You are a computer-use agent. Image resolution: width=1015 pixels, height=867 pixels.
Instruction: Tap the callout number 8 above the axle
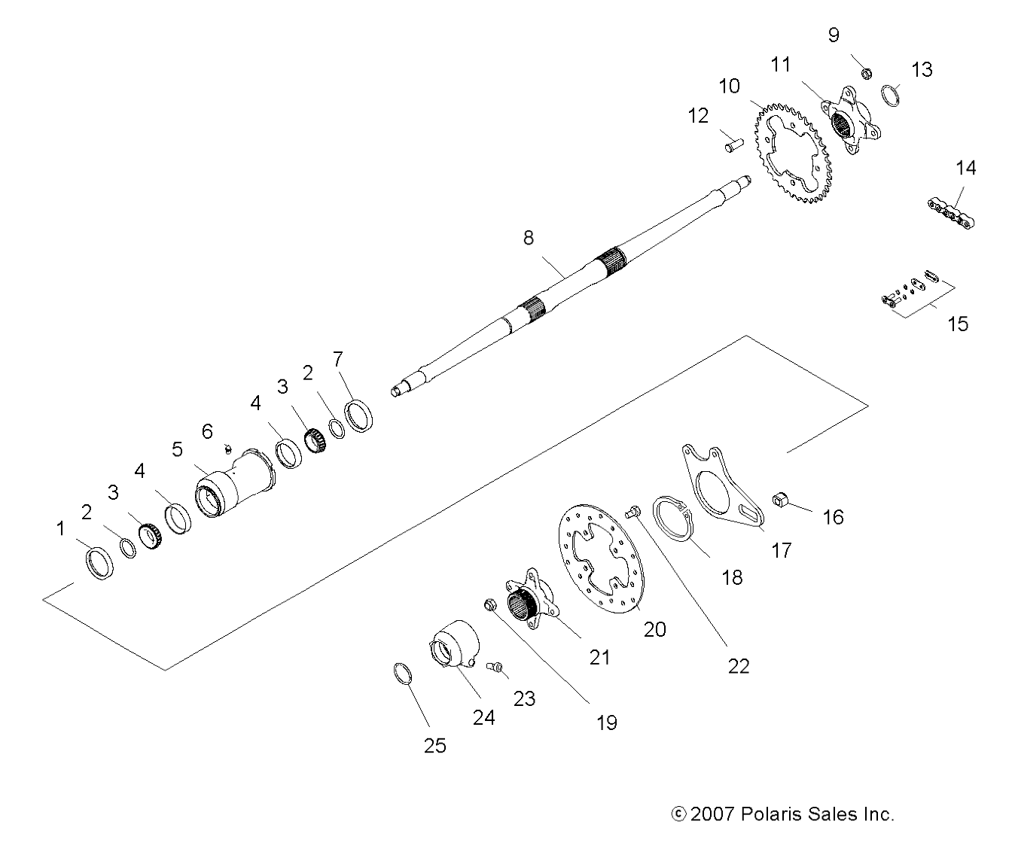pos(529,238)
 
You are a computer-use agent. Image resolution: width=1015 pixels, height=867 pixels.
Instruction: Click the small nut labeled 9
pos(867,73)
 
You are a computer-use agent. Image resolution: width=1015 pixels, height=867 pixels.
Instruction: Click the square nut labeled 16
pos(780,499)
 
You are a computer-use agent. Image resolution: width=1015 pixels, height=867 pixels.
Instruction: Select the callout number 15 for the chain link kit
pos(958,324)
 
